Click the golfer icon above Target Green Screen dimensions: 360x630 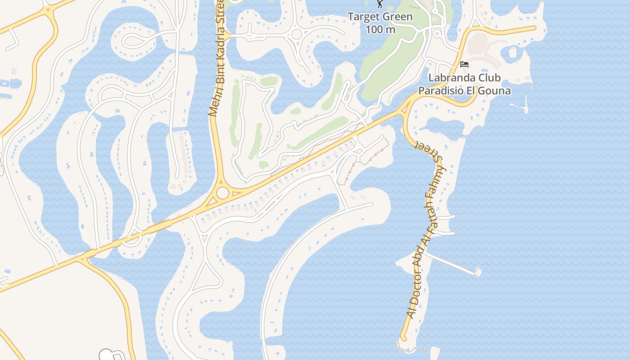(380, 4)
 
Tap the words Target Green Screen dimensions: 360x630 (380, 17)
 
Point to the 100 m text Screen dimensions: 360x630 (380, 30)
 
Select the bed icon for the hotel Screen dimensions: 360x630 (464, 64)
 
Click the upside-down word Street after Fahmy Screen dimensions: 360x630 (430, 151)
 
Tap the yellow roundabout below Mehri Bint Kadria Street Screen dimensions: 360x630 (222, 193)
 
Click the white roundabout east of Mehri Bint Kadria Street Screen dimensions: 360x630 (296, 34)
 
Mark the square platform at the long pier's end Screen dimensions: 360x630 (477, 272)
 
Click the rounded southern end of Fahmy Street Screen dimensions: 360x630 (403, 338)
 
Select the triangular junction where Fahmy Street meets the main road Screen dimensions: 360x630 (406, 108)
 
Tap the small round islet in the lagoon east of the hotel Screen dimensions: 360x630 (513, 52)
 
